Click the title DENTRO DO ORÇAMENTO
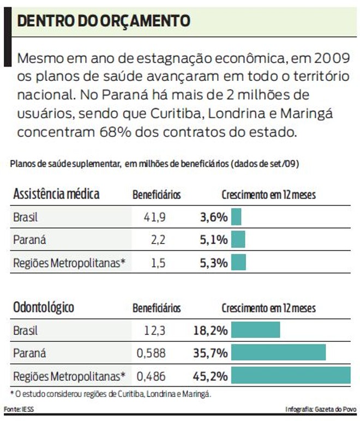pyautogui.click(x=104, y=21)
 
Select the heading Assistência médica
pyautogui.click(x=56, y=194)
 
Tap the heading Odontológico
pyautogui.click(x=44, y=307)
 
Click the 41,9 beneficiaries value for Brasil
pyautogui.click(x=154, y=217)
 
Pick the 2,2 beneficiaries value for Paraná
pyautogui.click(x=158, y=240)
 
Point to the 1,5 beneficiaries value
pyautogui.click(x=158, y=263)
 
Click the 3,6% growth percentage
pyautogui.click(x=213, y=217)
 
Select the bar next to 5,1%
pyautogui.click(x=238, y=240)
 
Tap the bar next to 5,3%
pyautogui.click(x=238, y=263)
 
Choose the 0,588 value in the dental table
pyautogui.click(x=151, y=353)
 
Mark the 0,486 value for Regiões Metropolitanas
pyautogui.click(x=151, y=376)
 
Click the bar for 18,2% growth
pyautogui.click(x=255, y=330)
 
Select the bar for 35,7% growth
pyautogui.click(x=278, y=353)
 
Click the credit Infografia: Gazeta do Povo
pyautogui.click(x=321, y=409)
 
